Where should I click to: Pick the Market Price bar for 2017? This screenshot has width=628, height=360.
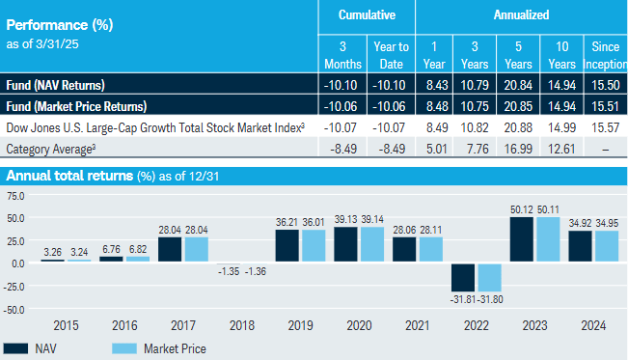(198, 249)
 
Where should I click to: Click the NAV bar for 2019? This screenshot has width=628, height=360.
(287, 245)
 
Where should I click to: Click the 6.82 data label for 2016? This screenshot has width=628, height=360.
(138, 248)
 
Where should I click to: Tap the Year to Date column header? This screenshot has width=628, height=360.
(391, 54)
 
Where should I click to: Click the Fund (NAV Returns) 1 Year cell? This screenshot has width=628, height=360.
(434, 85)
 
